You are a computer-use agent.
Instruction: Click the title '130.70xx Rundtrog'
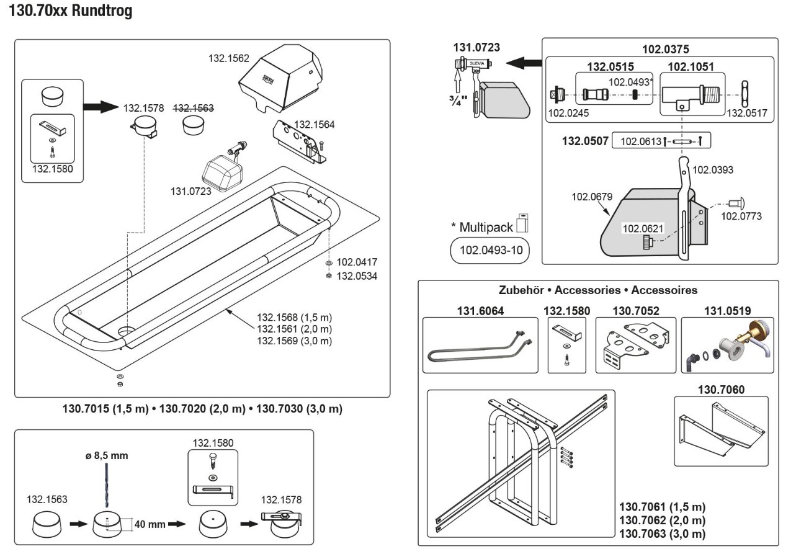click(70, 11)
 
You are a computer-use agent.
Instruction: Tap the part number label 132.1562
click(228, 58)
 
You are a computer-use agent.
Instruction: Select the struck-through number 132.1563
click(194, 108)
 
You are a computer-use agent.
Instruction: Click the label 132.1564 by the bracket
click(314, 124)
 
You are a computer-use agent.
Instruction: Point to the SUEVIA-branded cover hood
click(280, 78)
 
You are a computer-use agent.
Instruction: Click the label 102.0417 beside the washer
click(357, 262)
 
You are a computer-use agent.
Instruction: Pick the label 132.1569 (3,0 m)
click(294, 341)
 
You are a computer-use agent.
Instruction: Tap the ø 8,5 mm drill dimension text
click(107, 455)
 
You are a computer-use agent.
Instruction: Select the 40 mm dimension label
click(150, 524)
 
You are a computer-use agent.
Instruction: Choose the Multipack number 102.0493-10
click(491, 250)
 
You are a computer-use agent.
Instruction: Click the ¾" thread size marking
click(458, 101)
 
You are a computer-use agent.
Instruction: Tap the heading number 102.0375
click(665, 49)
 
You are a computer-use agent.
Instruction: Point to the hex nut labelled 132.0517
click(745, 94)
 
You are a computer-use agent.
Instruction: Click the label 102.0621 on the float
click(643, 228)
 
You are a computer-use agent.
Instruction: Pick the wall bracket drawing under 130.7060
click(722, 429)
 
